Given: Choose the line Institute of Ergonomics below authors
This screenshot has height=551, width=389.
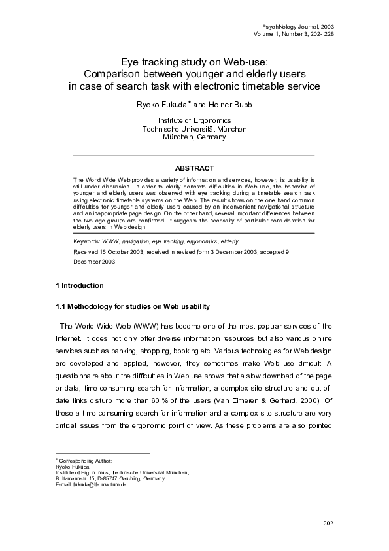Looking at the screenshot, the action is (194, 120).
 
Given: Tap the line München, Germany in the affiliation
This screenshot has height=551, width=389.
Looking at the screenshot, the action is (194, 137).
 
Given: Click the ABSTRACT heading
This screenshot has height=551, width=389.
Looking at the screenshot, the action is (194, 168).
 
